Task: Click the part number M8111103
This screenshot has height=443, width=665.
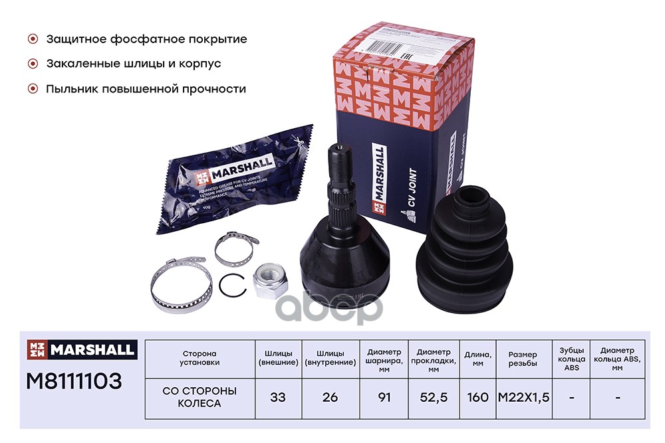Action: [73, 381]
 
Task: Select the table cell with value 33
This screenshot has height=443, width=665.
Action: [277, 397]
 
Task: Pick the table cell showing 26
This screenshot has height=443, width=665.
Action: [329, 397]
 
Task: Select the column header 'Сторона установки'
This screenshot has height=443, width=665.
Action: [199, 358]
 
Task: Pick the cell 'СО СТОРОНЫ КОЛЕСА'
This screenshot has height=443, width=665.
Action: [199, 397]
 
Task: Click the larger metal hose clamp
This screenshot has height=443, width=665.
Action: [174, 284]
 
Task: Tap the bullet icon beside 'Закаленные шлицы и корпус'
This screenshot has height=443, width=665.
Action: [32, 64]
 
